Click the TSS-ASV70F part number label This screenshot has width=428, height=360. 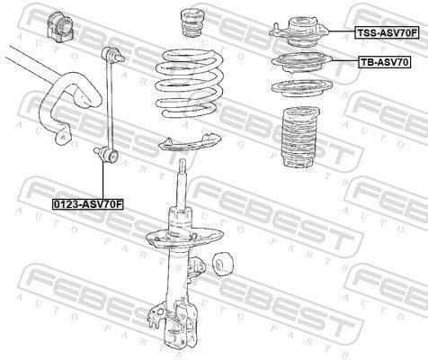(387, 32)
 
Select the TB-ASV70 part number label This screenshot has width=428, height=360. (384, 62)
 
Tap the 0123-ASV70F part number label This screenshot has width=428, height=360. (88, 204)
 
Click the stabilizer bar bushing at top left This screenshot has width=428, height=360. (59, 25)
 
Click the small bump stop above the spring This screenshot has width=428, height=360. (191, 23)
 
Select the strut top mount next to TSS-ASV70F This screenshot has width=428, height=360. (299, 31)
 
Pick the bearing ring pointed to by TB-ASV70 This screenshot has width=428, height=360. (301, 63)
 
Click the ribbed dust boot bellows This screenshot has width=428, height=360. (300, 137)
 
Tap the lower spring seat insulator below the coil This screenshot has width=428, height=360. (190, 144)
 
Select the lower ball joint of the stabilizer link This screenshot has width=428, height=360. (107, 154)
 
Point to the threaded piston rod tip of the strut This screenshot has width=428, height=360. (183, 166)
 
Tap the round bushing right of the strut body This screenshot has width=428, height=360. (222, 264)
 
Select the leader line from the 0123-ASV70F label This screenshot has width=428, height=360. (103, 180)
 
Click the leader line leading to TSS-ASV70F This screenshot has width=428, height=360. (342, 31)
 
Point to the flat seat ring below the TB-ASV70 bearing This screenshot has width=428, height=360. (302, 88)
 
